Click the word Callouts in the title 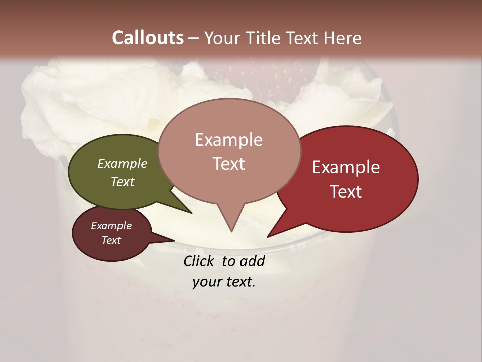(148, 38)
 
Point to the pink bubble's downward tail (230, 219)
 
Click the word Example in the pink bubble (228, 140)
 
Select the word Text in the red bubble (346, 192)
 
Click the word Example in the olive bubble (123, 164)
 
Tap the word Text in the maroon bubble (111, 240)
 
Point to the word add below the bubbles (252, 261)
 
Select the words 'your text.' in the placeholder (224, 282)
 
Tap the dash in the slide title (194, 38)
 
